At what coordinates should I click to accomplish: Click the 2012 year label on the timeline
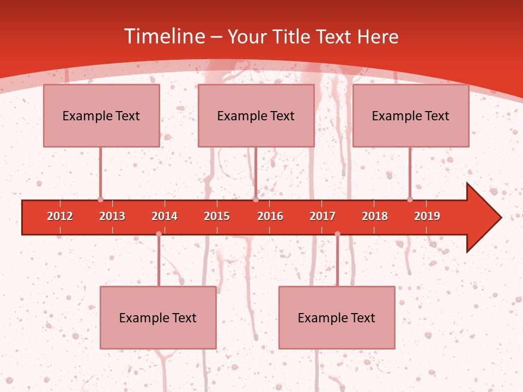coord(60,216)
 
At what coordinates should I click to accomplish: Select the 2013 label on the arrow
coord(112,216)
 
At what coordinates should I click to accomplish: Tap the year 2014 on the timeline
coord(165,216)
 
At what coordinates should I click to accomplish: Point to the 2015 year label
coord(217,216)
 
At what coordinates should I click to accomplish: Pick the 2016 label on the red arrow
coord(270,216)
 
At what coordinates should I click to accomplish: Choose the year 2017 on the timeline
coord(323,216)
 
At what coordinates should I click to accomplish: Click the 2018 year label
coord(375,216)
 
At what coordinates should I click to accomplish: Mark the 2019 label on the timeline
coord(427,216)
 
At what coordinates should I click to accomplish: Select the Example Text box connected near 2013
coord(101,115)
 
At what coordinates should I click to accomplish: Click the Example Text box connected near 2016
coord(256,115)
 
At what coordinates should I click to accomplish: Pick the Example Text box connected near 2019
coord(411,115)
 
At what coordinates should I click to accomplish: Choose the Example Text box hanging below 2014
coord(158,317)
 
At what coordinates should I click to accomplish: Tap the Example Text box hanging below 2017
coord(337,317)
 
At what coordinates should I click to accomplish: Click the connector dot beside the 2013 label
coord(100,200)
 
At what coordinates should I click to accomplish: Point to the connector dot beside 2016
coord(256,200)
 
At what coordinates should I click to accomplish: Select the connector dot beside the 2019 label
coord(410,200)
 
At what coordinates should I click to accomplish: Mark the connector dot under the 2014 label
coord(159,234)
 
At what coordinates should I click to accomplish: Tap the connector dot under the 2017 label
coord(337,234)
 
